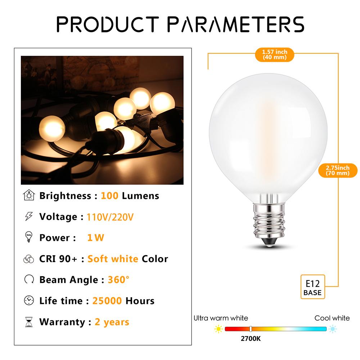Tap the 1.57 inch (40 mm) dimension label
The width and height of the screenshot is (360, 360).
coord(275,54)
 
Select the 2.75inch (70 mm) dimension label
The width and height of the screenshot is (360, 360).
coord(338,170)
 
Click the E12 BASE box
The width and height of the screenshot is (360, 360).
coord(312,286)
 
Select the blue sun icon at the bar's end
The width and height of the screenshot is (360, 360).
coord(333,329)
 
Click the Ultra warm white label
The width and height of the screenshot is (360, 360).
coord(221,318)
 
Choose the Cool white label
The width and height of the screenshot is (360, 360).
coord(332,318)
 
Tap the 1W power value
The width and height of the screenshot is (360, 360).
coord(95,238)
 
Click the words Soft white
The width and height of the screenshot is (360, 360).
coord(113,259)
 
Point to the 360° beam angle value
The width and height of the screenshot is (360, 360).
coord(118,280)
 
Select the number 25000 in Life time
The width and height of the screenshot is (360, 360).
coord(107,301)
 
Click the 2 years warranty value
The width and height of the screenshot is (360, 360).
coord(112,321)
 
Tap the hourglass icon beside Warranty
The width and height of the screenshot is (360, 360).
coord(28,322)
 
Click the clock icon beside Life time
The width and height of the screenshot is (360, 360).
coord(28,301)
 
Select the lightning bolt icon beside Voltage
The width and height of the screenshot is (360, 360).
coord(28,217)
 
